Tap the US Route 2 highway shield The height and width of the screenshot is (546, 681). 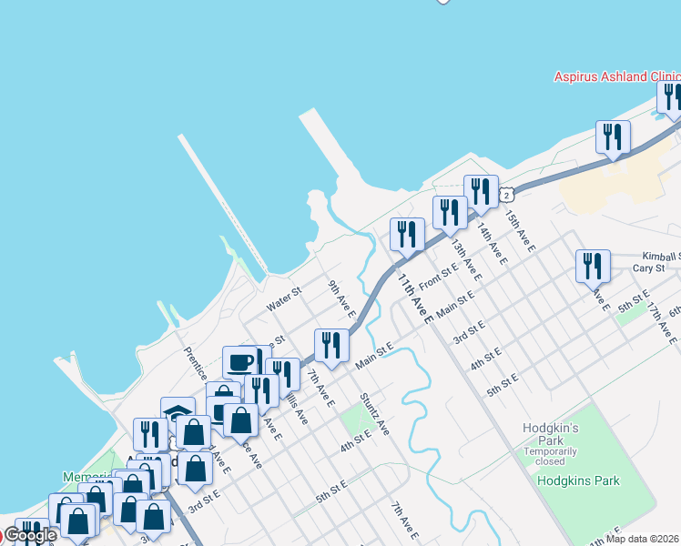point(507,194)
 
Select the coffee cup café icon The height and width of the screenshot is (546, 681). point(240,362)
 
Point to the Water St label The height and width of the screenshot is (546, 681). point(283,299)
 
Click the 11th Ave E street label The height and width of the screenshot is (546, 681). point(413,298)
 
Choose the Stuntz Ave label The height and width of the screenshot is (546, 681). point(374,413)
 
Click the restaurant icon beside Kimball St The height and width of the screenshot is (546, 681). point(593,266)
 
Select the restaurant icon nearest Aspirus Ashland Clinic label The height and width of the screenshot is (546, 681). point(672,96)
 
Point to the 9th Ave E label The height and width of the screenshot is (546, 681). point(341,296)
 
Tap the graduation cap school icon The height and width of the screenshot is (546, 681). point(178,413)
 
